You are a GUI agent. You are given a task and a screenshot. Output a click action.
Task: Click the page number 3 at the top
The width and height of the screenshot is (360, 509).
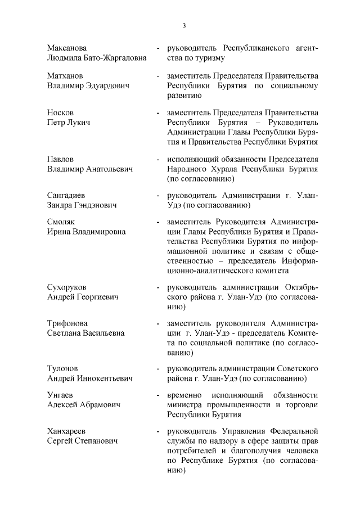(x=183, y=26)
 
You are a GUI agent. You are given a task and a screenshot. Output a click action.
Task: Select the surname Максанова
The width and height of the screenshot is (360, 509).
(x=67, y=48)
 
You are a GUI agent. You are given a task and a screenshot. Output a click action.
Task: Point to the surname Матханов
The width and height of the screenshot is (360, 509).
(x=66, y=75)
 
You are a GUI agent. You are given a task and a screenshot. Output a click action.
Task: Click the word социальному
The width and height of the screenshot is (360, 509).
(x=294, y=85)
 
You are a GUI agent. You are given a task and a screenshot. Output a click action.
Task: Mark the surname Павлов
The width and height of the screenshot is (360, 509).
(x=60, y=159)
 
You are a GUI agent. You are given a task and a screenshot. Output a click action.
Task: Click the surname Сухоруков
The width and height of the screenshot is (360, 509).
(x=69, y=287)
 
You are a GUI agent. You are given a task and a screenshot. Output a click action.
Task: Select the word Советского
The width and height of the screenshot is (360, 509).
(x=296, y=368)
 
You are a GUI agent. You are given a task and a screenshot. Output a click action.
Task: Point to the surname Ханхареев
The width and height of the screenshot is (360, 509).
(x=68, y=431)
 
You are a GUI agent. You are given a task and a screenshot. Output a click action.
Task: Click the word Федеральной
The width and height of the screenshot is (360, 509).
(x=292, y=431)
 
